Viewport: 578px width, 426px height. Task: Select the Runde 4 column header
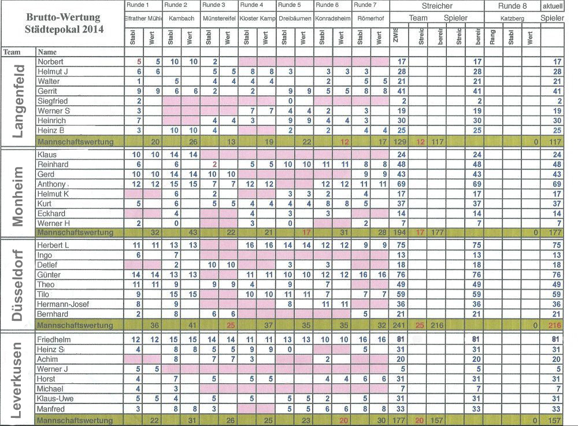click(250, 5)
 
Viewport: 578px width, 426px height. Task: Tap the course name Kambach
click(181, 18)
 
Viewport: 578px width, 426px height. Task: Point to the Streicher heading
click(436, 5)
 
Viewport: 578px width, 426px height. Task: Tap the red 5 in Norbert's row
click(139, 61)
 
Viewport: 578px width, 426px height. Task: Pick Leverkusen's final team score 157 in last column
click(557, 420)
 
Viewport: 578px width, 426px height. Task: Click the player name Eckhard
click(51, 213)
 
